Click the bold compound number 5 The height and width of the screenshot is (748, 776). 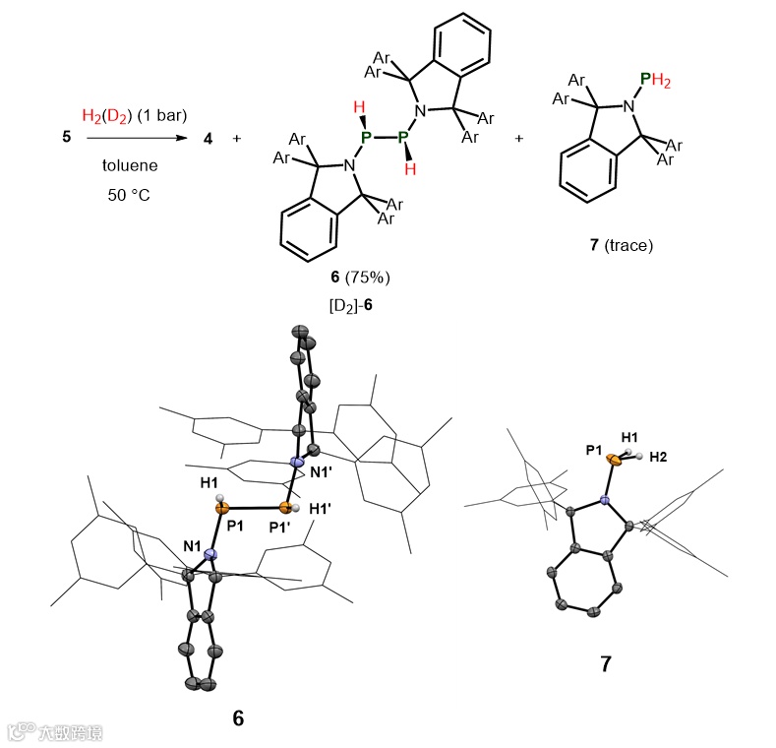point(67,138)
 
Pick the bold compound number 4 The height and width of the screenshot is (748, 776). point(208,138)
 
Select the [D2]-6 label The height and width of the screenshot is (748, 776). point(350,306)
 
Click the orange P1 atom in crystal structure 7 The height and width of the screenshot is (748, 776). point(613,459)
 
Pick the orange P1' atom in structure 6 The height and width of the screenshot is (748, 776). point(286,509)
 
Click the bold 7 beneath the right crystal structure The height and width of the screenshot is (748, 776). point(606,665)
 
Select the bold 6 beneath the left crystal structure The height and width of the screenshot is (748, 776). point(238,718)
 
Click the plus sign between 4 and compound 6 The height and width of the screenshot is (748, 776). point(236,138)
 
